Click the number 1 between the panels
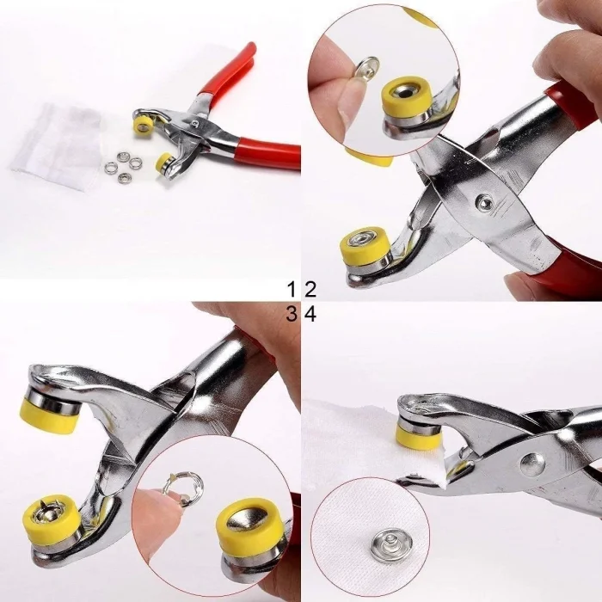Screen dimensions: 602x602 coord(292,289)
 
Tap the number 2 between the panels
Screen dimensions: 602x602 coord(310,289)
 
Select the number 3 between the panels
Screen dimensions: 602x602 coord(292,315)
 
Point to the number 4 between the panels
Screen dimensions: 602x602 coord(310,315)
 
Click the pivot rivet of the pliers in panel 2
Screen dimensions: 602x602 coord(485,203)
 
